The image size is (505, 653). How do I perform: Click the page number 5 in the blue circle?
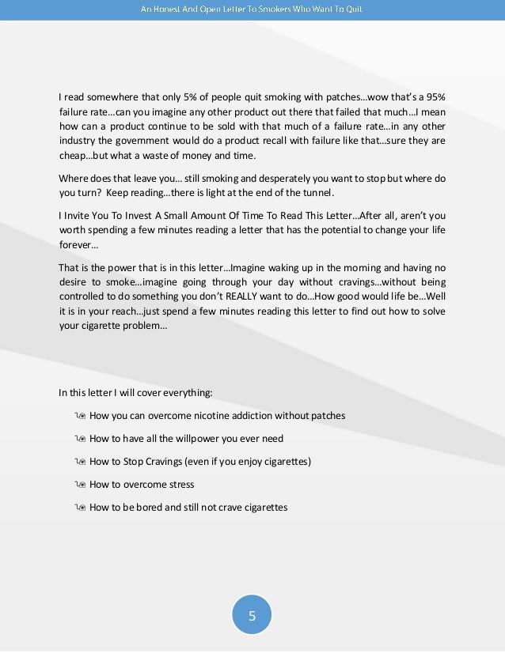click(x=252, y=616)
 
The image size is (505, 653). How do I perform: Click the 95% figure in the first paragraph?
click(x=435, y=97)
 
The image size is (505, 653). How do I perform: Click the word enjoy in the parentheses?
click(x=242, y=462)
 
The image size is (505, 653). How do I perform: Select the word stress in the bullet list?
click(x=180, y=485)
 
